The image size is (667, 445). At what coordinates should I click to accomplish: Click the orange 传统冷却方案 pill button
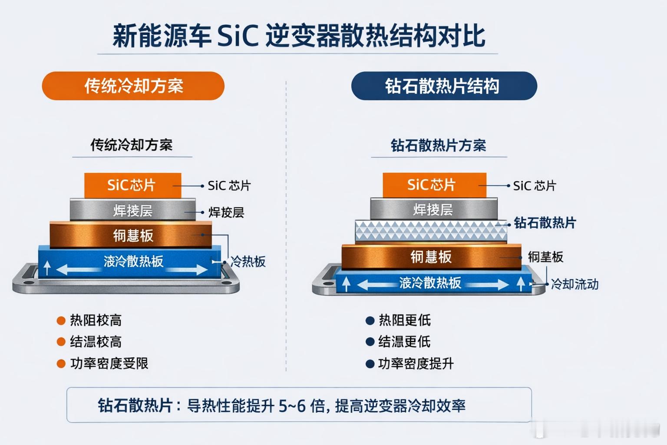(x=133, y=86)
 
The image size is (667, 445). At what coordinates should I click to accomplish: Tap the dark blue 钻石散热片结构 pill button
(x=443, y=86)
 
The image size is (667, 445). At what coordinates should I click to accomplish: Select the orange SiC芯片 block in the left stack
(x=132, y=185)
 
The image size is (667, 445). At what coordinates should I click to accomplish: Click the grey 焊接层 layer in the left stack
(x=132, y=211)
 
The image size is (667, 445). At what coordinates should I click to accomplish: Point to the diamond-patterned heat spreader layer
(x=431, y=231)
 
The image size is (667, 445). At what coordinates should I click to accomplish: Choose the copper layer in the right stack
(x=431, y=256)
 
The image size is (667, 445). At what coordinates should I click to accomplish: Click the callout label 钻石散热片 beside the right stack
(x=545, y=223)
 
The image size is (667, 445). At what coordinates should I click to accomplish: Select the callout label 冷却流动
(x=574, y=284)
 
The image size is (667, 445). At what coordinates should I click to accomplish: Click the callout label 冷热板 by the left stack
(x=248, y=262)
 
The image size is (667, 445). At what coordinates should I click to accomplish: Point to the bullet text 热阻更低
(x=404, y=320)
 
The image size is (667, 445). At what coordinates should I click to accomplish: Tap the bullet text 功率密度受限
(x=109, y=363)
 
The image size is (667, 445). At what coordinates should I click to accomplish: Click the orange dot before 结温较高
(x=61, y=342)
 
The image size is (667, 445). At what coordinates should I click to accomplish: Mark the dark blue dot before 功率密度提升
(x=370, y=364)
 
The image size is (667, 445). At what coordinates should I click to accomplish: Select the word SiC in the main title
(x=238, y=36)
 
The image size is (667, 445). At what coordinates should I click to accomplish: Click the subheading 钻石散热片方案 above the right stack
(x=438, y=145)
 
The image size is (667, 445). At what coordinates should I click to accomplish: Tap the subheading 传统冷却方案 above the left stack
(x=131, y=145)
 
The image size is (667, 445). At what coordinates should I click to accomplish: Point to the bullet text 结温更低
(x=404, y=342)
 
